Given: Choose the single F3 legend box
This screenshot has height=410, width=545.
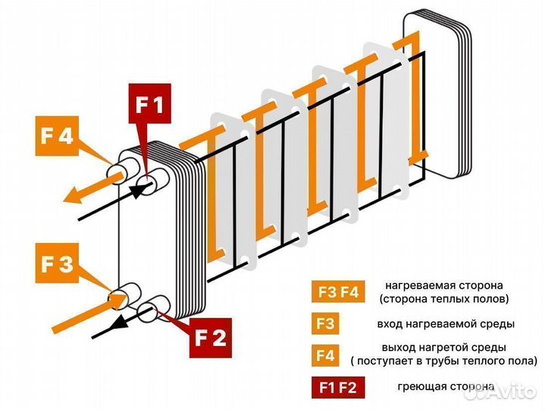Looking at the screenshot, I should tap(325, 324).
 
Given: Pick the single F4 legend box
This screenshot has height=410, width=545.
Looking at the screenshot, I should tap(325, 355).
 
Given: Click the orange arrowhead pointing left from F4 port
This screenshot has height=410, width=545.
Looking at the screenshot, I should tap(71, 197).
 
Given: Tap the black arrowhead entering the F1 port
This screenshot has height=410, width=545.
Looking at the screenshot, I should tap(137, 191).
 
